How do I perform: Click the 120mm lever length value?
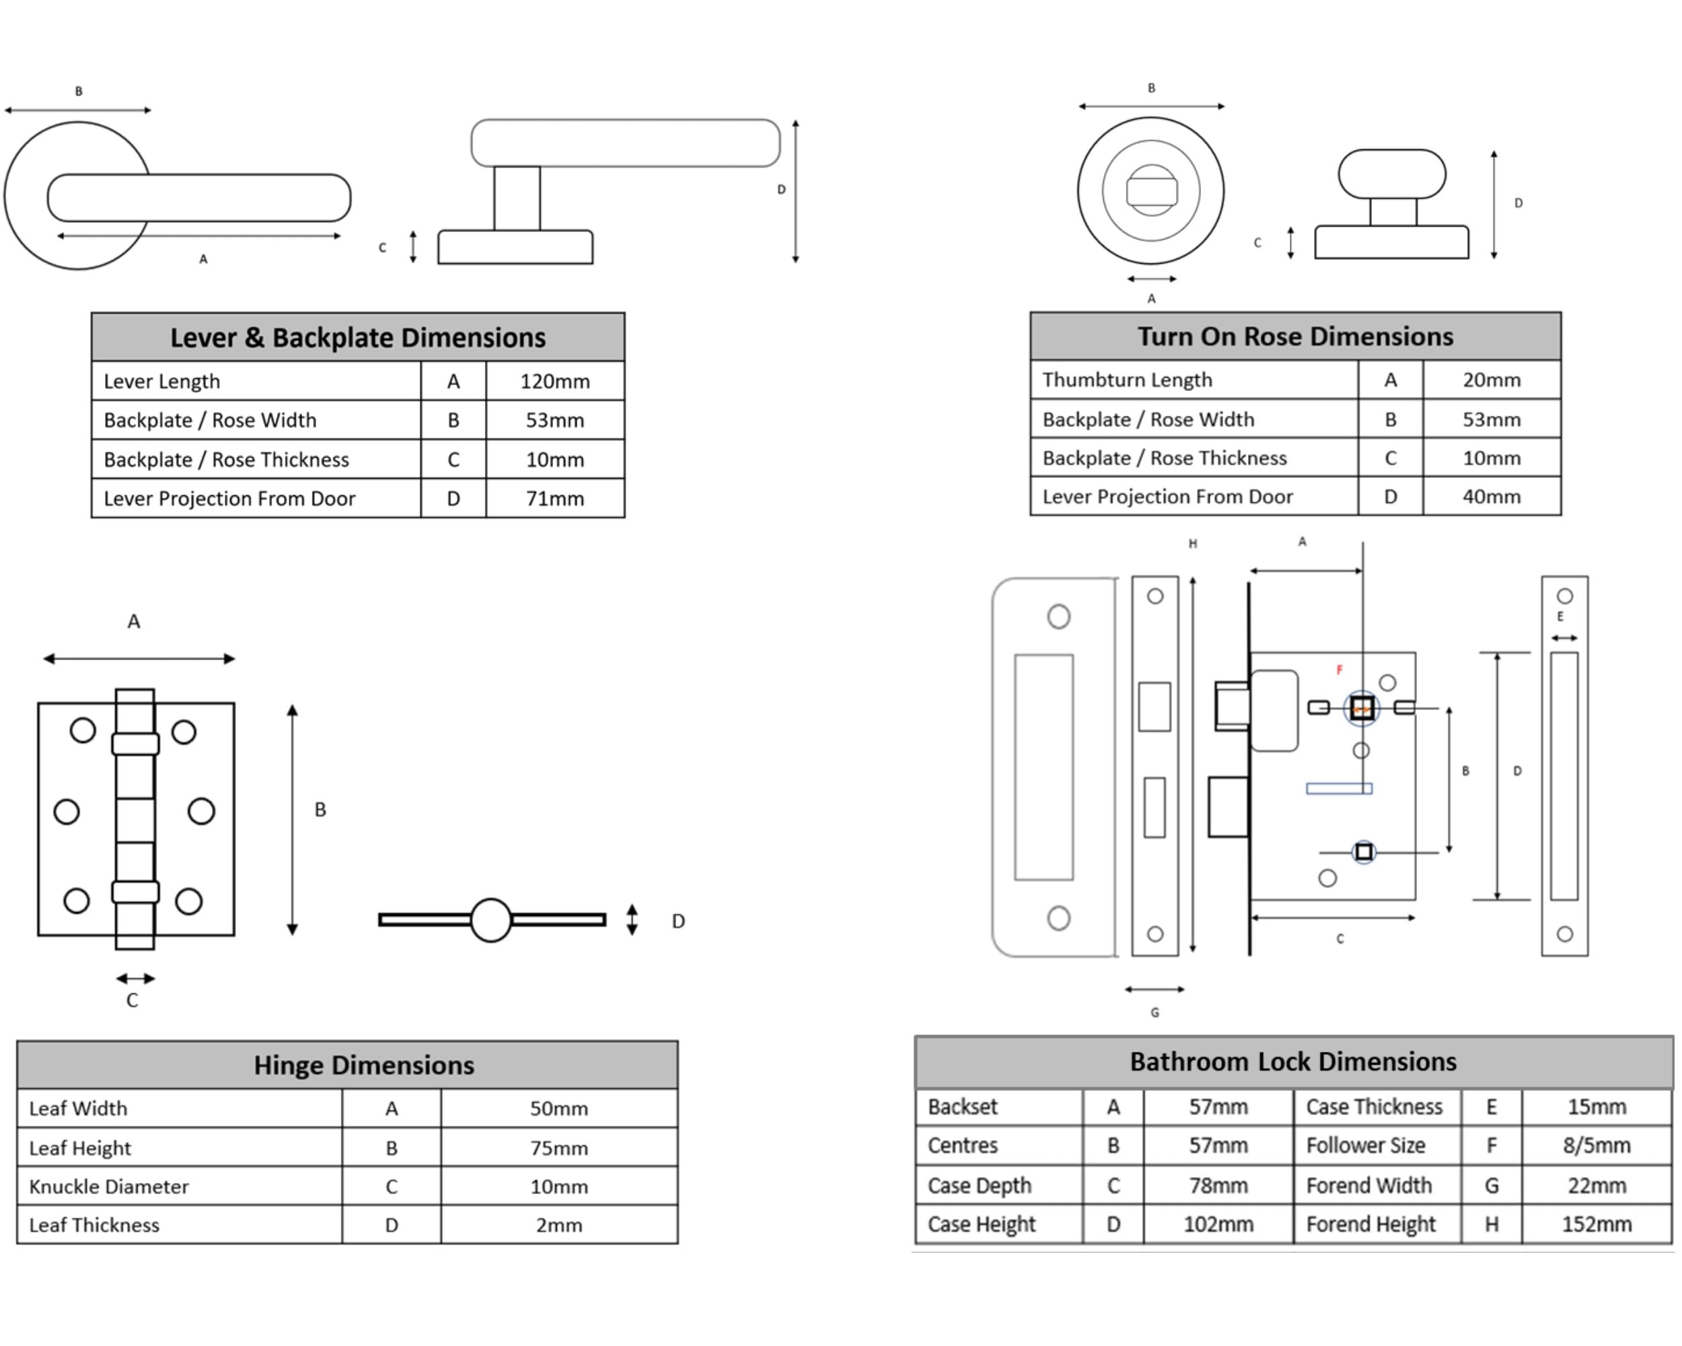pyautogui.click(x=554, y=382)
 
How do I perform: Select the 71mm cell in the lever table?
pyautogui.click(x=554, y=499)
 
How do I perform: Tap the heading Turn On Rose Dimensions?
pyautogui.click(x=1295, y=336)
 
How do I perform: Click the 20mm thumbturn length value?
pyautogui.click(x=1491, y=380)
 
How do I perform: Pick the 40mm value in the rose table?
pyautogui.click(x=1491, y=496)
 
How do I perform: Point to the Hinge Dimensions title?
pyautogui.click(x=363, y=1065)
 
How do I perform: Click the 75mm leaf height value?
pyautogui.click(x=558, y=1148)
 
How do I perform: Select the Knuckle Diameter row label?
pyautogui.click(x=108, y=1186)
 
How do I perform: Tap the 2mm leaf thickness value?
pyautogui.click(x=558, y=1225)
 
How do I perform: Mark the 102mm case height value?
pyautogui.click(x=1218, y=1224)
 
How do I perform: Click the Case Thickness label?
pyautogui.click(x=1374, y=1106)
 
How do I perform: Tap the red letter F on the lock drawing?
pyautogui.click(x=1340, y=670)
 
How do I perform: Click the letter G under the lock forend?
pyautogui.click(x=1155, y=1013)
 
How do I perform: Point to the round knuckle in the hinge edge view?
pyautogui.click(x=490, y=920)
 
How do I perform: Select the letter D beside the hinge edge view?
pyautogui.click(x=678, y=921)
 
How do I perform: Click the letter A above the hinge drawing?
pyautogui.click(x=134, y=622)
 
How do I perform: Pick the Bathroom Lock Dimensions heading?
pyautogui.click(x=1292, y=1062)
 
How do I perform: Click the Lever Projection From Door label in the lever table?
pyautogui.click(x=229, y=499)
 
